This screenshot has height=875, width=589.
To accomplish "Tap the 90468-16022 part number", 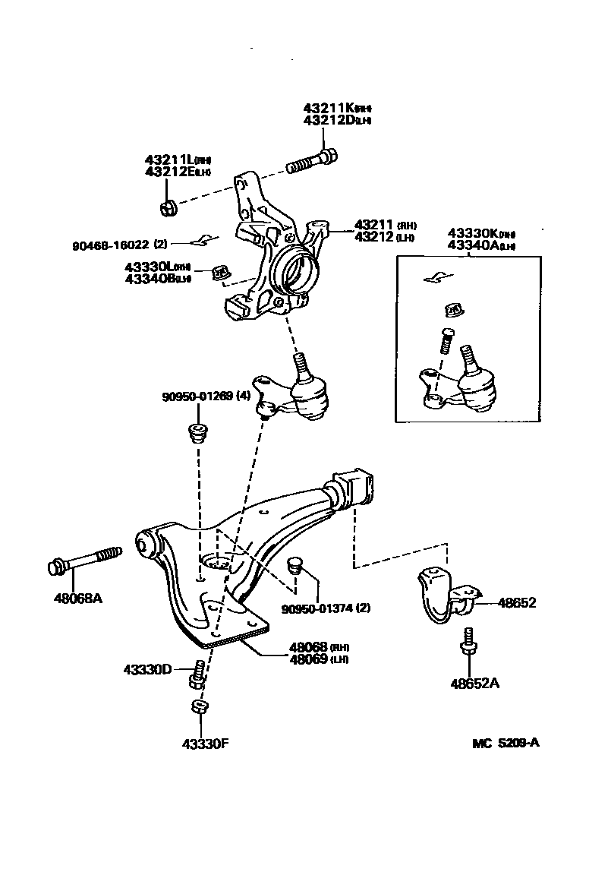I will (x=112, y=245).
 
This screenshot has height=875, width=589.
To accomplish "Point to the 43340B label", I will (x=152, y=278).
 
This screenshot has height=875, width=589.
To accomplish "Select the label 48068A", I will (x=77, y=598).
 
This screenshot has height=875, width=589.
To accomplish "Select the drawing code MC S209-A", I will (x=506, y=743).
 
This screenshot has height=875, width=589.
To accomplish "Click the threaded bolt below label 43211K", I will (x=311, y=162).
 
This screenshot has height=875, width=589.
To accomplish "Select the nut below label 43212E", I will (x=169, y=207).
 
